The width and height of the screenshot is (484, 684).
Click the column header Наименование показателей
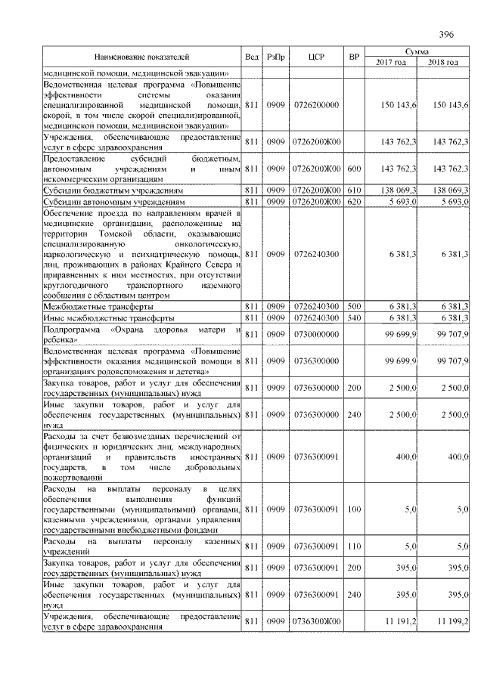coord(142,57)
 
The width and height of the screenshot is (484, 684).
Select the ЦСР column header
coord(316,57)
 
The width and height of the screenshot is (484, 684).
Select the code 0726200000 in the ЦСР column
coord(316,104)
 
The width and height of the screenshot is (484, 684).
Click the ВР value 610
coord(353,190)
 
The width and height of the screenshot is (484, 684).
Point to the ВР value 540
coord(353,318)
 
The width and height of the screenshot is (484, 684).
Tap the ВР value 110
coord(353,546)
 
